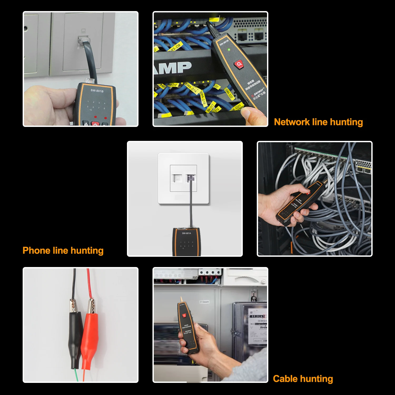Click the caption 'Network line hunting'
pyautogui.click(x=318, y=122)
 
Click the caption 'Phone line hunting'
pyautogui.click(x=63, y=250)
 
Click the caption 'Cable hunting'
pyautogui.click(x=303, y=379)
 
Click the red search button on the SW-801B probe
pyautogui.click(x=239, y=64)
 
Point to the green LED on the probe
pyautogui.click(x=229, y=50)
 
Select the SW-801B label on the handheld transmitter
pyautogui.click(x=97, y=91)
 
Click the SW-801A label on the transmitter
pyautogui.click(x=186, y=233)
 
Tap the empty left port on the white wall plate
pyautogui.click(x=177, y=178)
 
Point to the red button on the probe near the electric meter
pyautogui.click(x=184, y=315)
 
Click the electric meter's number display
pyautogui.click(x=257, y=316)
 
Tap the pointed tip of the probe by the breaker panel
pyautogui.click(x=181, y=299)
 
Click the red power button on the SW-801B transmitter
pyautogui.click(x=95, y=124)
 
